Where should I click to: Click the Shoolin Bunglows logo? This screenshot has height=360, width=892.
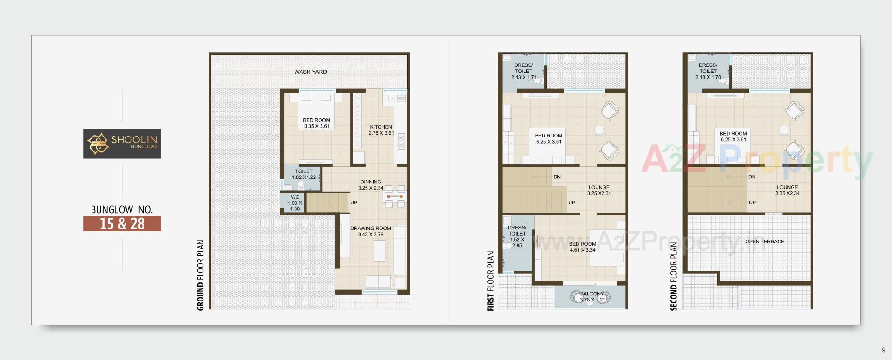click(x=122, y=144)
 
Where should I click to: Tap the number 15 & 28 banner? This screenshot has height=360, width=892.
click(x=122, y=223)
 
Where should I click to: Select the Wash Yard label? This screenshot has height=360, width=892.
click(x=310, y=72)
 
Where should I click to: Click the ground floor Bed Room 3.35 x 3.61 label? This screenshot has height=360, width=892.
click(x=316, y=123)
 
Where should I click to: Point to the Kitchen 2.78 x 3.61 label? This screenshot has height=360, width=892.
click(x=381, y=130)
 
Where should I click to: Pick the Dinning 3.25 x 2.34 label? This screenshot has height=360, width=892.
click(x=371, y=185)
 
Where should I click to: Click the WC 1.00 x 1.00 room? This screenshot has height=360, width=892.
click(x=295, y=203)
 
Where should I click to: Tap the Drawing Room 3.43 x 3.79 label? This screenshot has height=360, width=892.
click(x=371, y=231)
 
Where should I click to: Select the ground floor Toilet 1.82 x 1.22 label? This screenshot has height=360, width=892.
click(x=304, y=174)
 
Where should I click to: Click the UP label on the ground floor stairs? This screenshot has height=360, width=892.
click(x=354, y=203)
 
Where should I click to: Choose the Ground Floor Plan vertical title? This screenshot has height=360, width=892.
click(x=201, y=275)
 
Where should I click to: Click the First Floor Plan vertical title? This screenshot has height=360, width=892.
click(x=491, y=281)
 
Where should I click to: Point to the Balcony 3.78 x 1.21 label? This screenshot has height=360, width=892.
click(x=592, y=297)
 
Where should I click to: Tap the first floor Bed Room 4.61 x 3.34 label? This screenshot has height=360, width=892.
click(x=583, y=247)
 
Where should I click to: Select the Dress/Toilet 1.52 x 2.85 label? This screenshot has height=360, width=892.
click(x=517, y=236)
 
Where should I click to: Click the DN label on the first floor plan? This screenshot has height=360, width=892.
click(x=557, y=177)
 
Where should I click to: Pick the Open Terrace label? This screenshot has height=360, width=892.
click(x=765, y=242)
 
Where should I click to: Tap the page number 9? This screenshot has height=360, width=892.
click(x=884, y=350)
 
